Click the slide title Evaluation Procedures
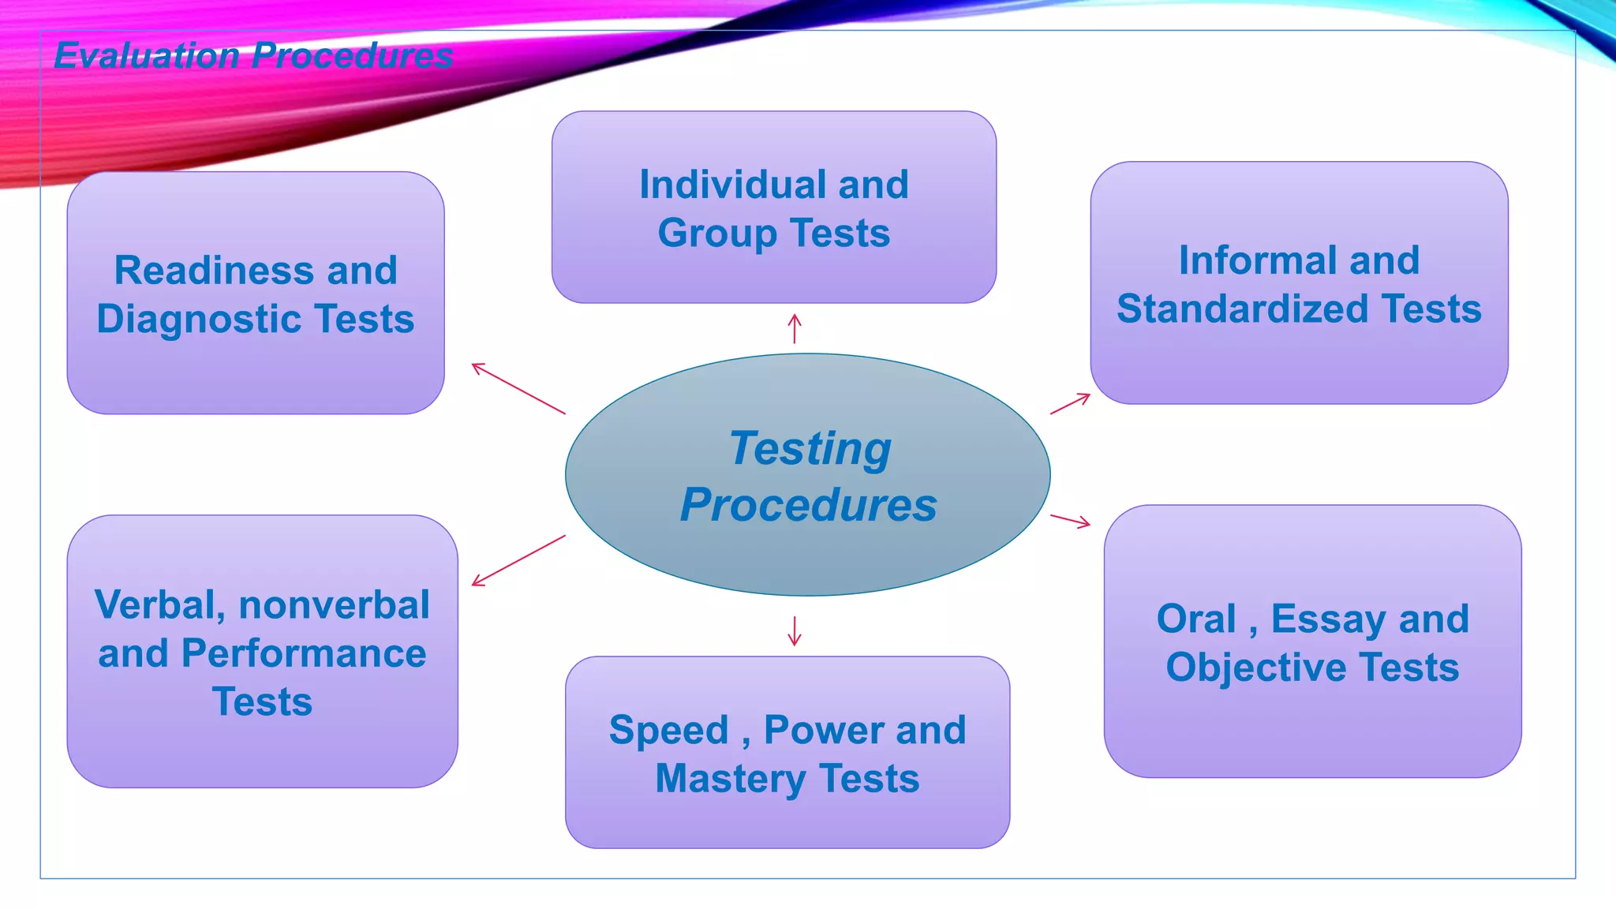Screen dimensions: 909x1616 [x=253, y=56]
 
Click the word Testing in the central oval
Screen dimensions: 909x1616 [x=810, y=448]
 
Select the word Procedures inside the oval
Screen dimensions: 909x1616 [x=809, y=505]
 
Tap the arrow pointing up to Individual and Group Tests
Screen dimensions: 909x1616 [x=795, y=328]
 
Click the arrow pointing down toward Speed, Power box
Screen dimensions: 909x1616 [x=795, y=631]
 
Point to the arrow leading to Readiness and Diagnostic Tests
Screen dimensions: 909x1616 [x=518, y=388]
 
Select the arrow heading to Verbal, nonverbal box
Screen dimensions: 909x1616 [x=518, y=561]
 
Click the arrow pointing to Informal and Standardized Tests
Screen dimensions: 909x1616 [x=1070, y=403]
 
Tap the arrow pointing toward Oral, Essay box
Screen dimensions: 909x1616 [x=1070, y=520]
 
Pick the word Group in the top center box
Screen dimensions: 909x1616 [x=717, y=234]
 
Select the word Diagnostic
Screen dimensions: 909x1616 [x=200, y=320]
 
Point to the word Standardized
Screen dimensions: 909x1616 [x=1242, y=309]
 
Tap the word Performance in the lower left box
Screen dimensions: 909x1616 [x=304, y=653]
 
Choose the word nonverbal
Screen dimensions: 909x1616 [x=334, y=605]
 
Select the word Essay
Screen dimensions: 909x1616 [x=1329, y=619]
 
